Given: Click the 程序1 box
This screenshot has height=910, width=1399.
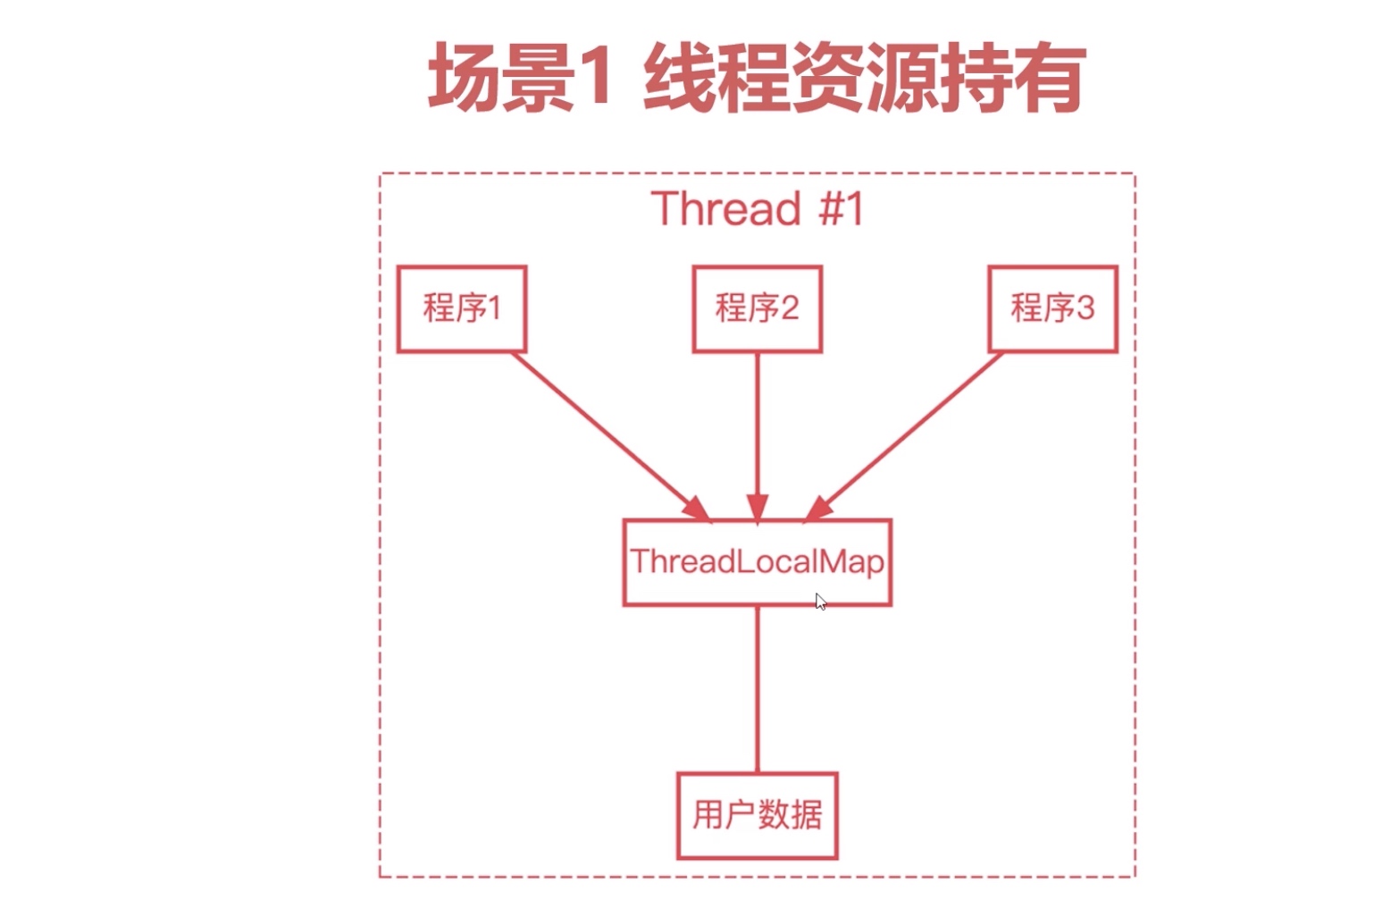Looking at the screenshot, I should [x=461, y=308].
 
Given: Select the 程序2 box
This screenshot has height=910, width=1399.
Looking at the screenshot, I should [x=757, y=308].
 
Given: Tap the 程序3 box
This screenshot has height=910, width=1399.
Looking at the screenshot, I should [x=1052, y=308].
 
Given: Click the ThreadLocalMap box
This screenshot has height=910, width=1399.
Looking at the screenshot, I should [x=757, y=562].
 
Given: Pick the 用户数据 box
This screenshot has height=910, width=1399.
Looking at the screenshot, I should [x=757, y=815].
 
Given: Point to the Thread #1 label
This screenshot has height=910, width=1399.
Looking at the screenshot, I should [x=757, y=208].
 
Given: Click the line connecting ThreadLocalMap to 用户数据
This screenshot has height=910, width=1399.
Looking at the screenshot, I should [x=758, y=688].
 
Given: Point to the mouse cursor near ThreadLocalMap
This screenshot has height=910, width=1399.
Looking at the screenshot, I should [x=820, y=602].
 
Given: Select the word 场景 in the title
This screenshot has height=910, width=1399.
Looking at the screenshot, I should [x=500, y=79].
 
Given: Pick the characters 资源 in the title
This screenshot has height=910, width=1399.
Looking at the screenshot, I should [x=864, y=79].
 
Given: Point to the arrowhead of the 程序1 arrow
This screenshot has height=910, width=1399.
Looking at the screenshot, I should [x=696, y=508].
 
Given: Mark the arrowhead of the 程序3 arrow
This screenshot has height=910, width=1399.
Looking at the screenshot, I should [x=818, y=508].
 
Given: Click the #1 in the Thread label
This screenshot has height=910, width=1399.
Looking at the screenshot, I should [x=841, y=208].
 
